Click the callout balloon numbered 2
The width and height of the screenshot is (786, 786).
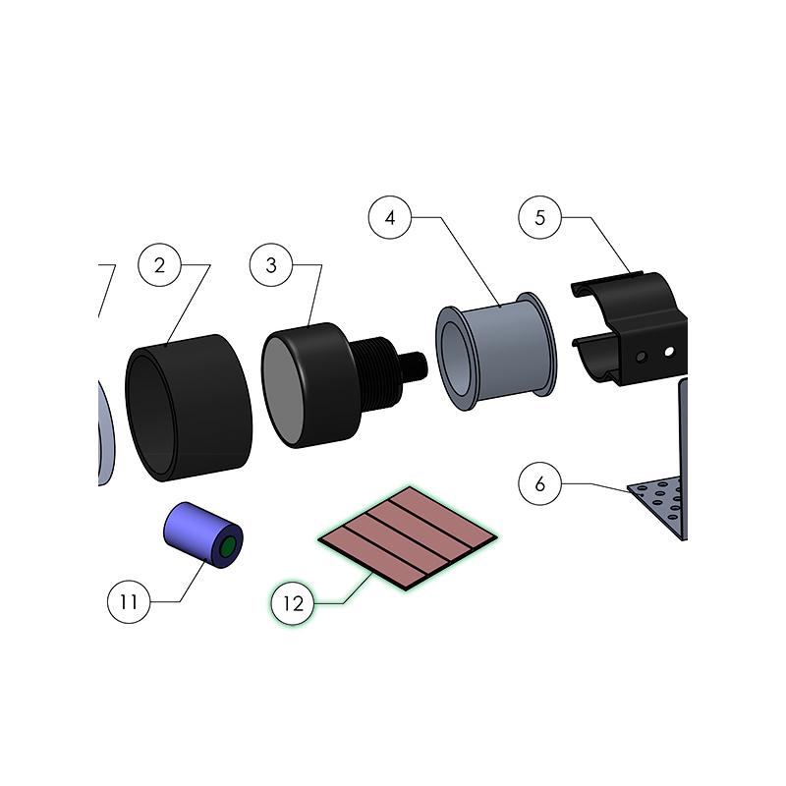point(159,265)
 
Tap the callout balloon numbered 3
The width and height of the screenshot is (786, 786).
point(271,265)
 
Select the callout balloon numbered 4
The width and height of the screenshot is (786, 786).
point(390,217)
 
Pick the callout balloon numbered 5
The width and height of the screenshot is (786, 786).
point(539,217)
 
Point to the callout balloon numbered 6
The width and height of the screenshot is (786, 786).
point(539,483)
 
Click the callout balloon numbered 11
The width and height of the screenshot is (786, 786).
point(129,601)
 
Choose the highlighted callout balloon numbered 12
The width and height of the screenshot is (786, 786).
point(293,603)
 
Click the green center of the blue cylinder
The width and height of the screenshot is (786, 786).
point(228,547)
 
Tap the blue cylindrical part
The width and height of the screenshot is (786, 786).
point(203,535)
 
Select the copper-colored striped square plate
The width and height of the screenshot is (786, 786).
point(408,537)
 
